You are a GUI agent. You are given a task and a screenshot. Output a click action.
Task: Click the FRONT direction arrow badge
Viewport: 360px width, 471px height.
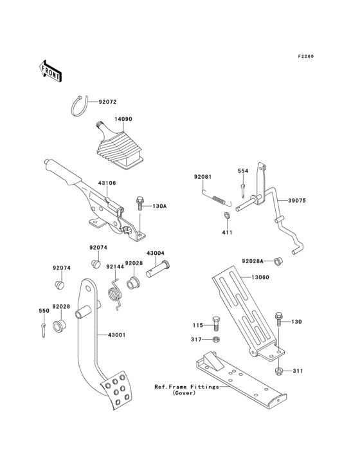[51, 71]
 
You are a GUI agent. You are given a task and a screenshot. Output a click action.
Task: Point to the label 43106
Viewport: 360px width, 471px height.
[107, 183]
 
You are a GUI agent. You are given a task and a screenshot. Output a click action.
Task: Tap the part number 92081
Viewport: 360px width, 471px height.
[203, 176]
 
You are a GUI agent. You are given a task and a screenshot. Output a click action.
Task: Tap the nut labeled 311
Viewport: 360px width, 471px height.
[280, 371]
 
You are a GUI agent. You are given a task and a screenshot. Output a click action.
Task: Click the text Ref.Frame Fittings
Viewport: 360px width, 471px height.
[186, 387]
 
